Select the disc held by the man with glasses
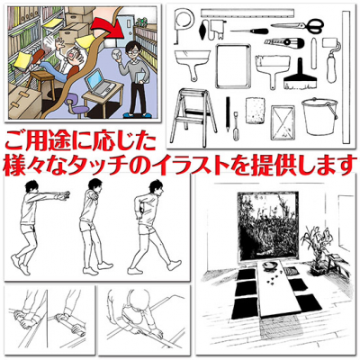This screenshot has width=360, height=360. click(x=115, y=55)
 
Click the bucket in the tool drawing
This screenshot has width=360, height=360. click(x=320, y=117)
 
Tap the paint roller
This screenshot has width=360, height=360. click(x=332, y=59)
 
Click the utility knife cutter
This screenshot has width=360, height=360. click(x=284, y=41)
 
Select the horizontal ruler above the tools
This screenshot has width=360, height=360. click(x=247, y=13)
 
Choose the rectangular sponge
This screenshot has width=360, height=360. click(x=256, y=110)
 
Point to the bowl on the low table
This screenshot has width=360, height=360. click(x=268, y=266)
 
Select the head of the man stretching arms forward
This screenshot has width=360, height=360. click(x=31, y=187)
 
